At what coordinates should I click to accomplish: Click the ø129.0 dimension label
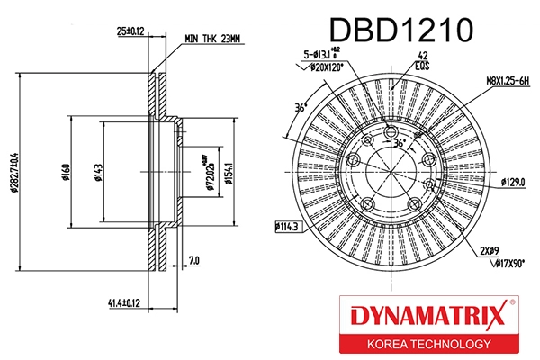tap(513, 182)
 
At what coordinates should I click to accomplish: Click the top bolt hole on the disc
tap(391, 135)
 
